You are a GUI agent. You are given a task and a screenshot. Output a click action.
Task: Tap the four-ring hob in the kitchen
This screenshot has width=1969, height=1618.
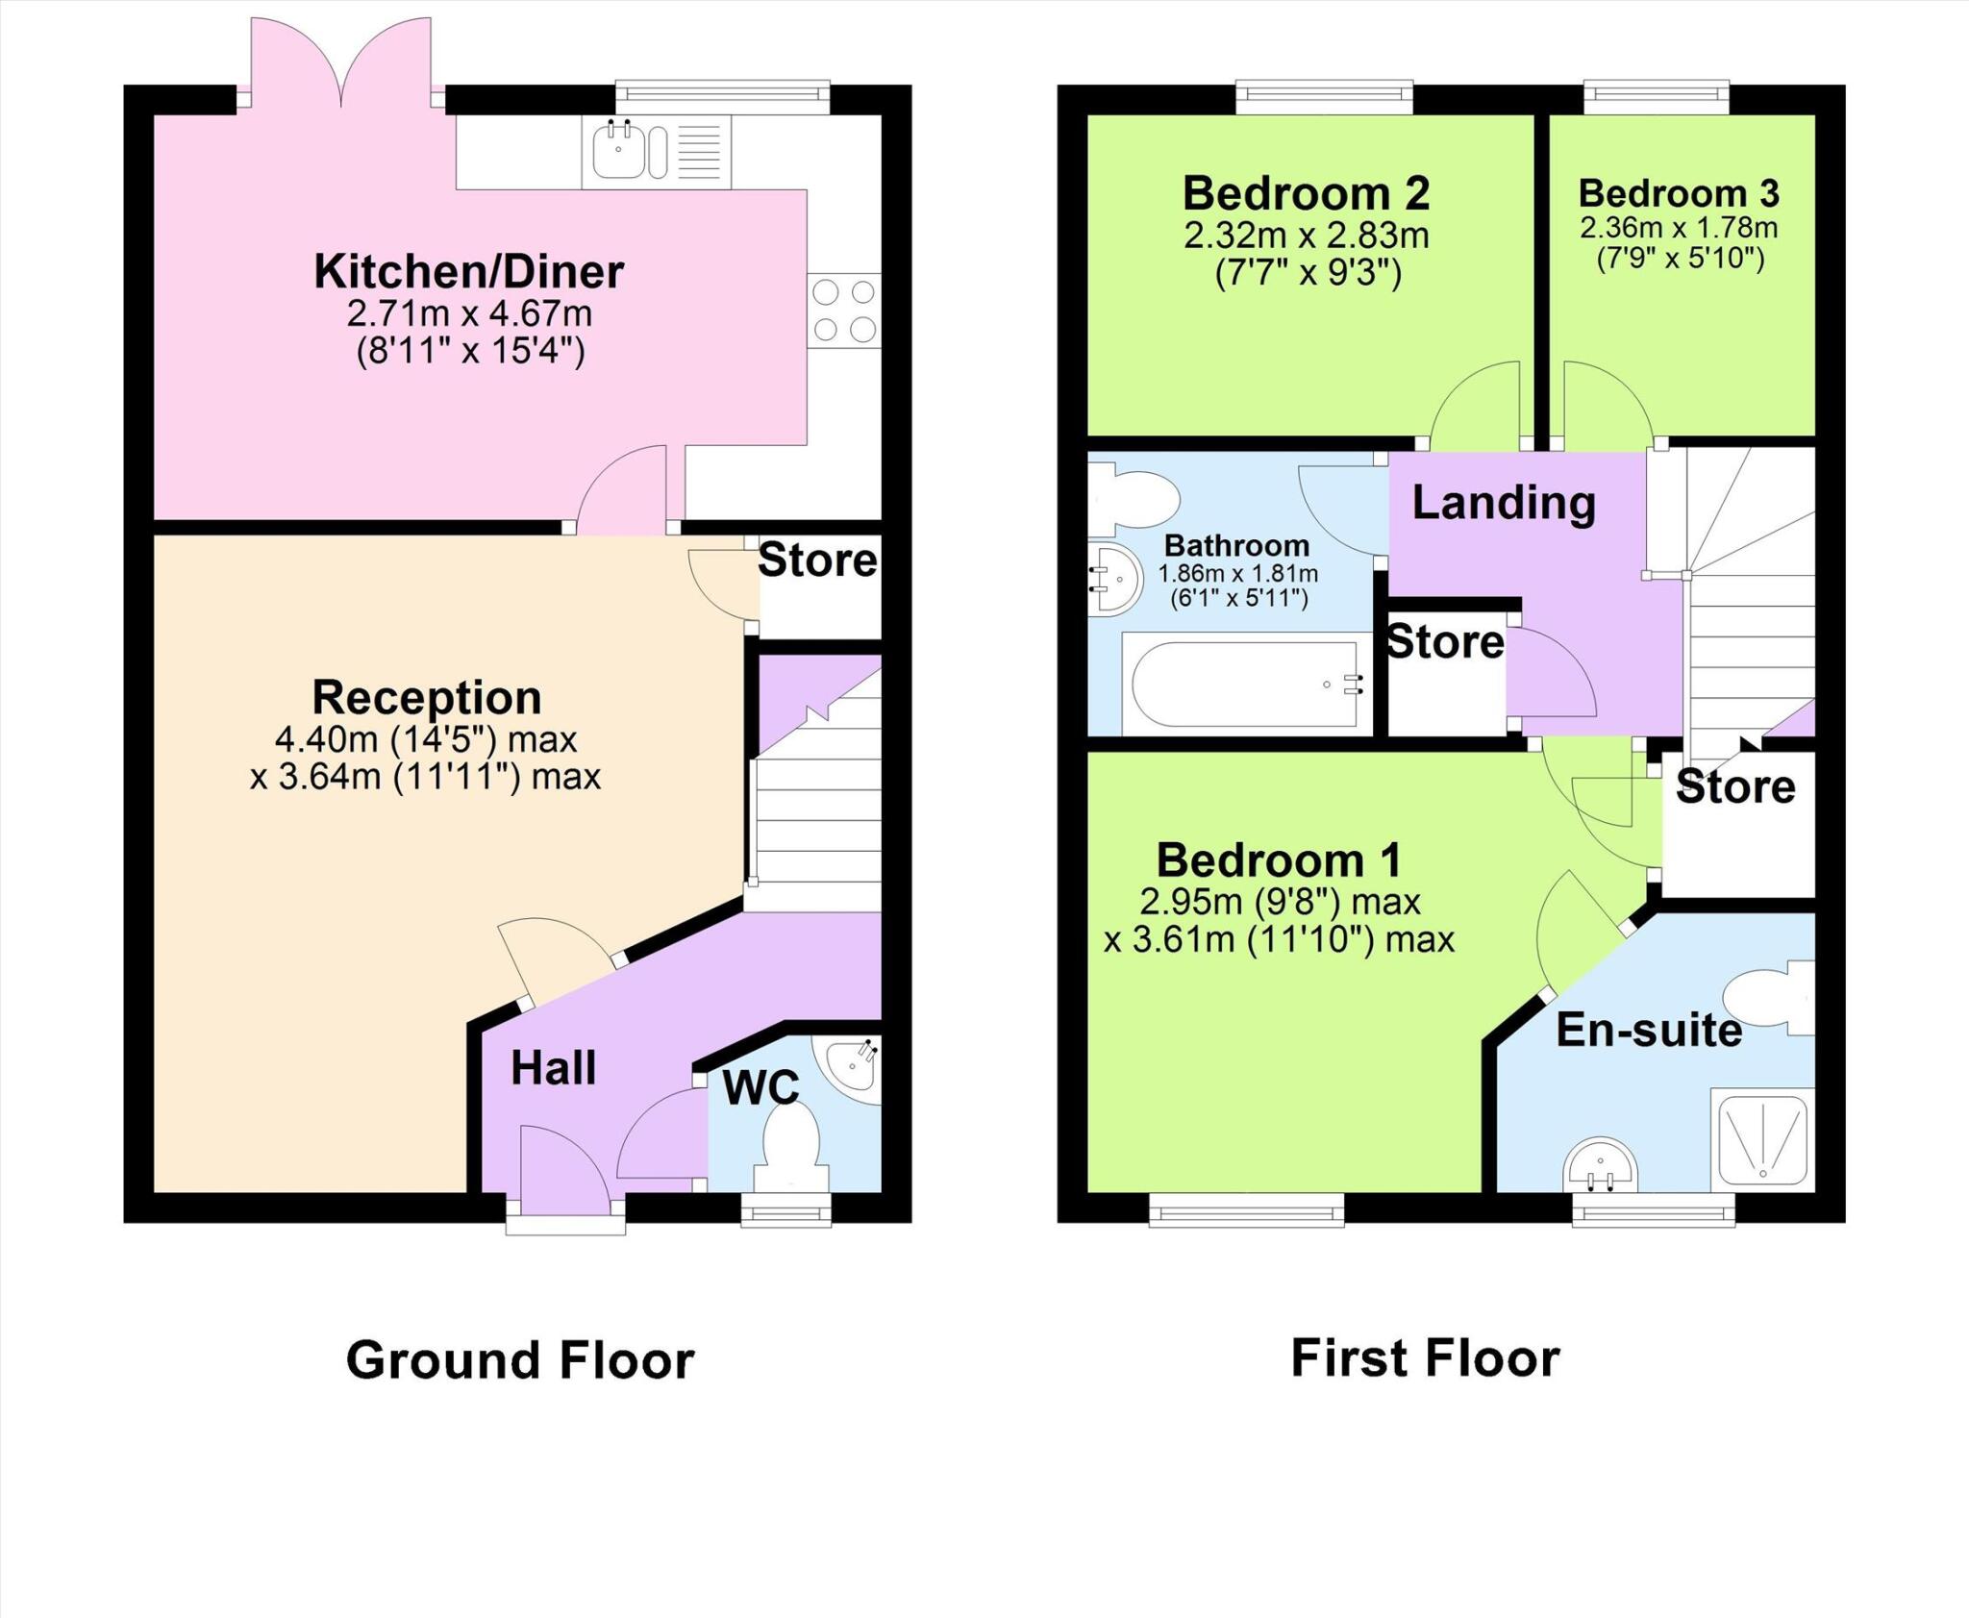click(844, 311)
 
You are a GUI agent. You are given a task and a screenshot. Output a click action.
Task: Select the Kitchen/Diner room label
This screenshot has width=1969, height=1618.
click(469, 272)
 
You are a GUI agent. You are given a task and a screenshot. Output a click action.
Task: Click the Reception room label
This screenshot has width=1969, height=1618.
click(427, 698)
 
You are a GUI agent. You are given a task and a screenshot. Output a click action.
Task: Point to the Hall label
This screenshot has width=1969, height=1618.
click(554, 1068)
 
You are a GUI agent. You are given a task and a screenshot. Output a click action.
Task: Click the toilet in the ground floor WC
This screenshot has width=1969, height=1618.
click(790, 1149)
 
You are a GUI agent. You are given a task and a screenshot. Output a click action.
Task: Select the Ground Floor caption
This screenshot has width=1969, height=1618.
click(520, 1361)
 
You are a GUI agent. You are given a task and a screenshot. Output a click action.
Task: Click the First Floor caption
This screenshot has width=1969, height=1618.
click(1426, 1358)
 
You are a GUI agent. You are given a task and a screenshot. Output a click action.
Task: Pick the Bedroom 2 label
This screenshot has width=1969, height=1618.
click(1307, 193)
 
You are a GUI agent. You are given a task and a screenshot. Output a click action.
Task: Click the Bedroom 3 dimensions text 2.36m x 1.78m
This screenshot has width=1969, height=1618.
click(1679, 228)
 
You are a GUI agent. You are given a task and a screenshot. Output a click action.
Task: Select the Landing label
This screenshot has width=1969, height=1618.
click(1505, 504)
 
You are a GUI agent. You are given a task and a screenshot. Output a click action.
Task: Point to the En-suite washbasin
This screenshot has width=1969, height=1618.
click(1600, 1165)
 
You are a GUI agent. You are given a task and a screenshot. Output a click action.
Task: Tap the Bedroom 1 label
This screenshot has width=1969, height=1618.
click(1279, 860)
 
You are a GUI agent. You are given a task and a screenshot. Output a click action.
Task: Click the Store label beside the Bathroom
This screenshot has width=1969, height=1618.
click(1445, 642)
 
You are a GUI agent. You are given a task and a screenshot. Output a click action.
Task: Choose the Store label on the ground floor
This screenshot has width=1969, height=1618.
click(817, 560)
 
